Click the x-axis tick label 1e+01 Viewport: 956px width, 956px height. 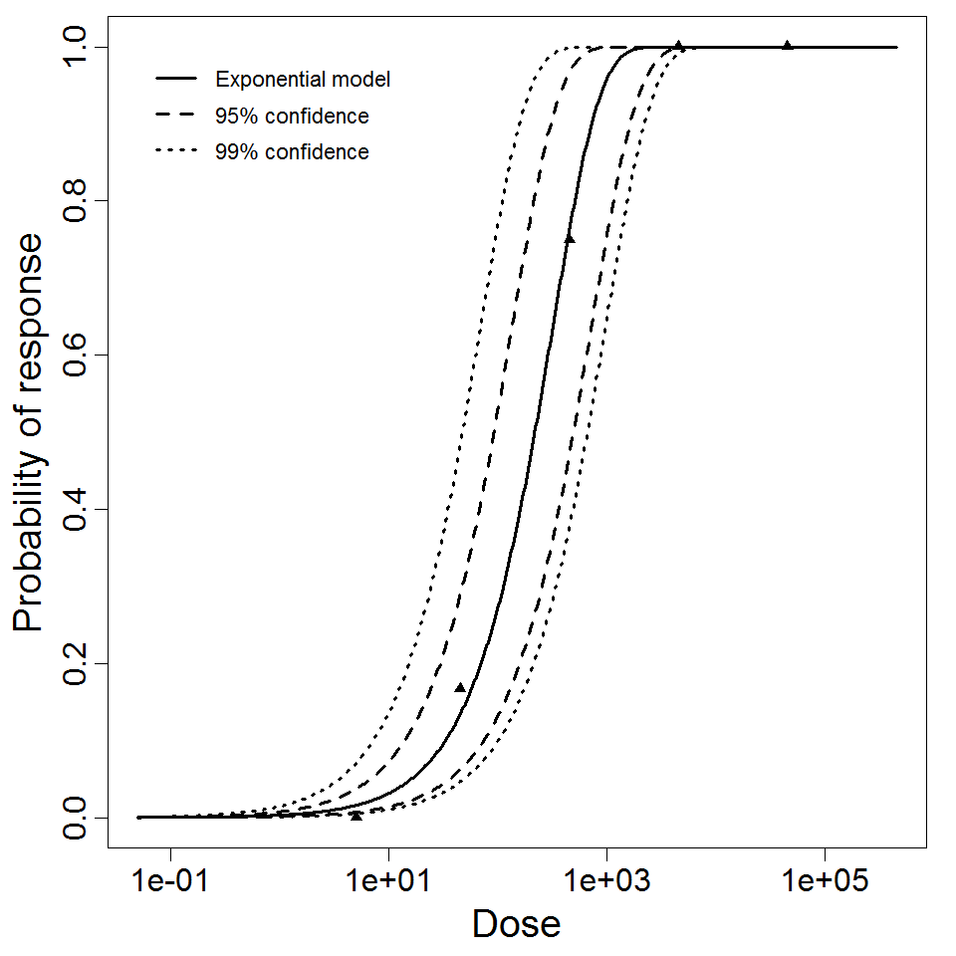tap(388, 881)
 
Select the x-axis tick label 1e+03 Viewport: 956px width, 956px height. tap(606, 881)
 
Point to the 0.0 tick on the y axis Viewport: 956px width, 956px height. tap(80, 818)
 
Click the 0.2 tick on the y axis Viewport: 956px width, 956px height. tap(80, 663)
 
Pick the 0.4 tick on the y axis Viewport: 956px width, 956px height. tap(80, 509)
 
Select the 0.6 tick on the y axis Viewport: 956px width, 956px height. tap(80, 355)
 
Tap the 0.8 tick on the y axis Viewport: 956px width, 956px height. tap(80, 200)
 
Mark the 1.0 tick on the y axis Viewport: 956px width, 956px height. tap(80, 47)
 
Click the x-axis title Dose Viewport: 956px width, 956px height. tap(516, 925)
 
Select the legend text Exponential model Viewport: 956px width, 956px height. tap(303, 80)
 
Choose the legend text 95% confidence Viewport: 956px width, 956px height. tap(291, 117)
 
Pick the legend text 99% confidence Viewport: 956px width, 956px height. tap(291, 152)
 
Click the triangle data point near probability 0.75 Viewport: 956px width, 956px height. tap(570, 239)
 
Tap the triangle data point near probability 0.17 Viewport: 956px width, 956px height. tap(460, 687)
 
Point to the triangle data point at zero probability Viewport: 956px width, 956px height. tap(357, 816)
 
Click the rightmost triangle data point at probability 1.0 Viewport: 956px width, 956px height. tap(788, 45)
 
